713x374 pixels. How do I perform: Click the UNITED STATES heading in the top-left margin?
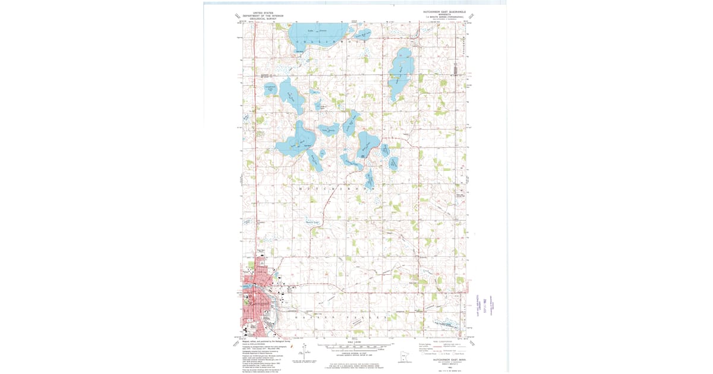pyautogui.click(x=263, y=12)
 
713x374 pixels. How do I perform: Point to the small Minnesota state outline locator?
pyautogui.click(x=405, y=357)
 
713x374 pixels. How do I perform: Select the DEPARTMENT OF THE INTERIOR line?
pyautogui.click(x=263, y=15)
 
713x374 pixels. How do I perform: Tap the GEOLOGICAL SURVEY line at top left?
pyautogui.click(x=263, y=18)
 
